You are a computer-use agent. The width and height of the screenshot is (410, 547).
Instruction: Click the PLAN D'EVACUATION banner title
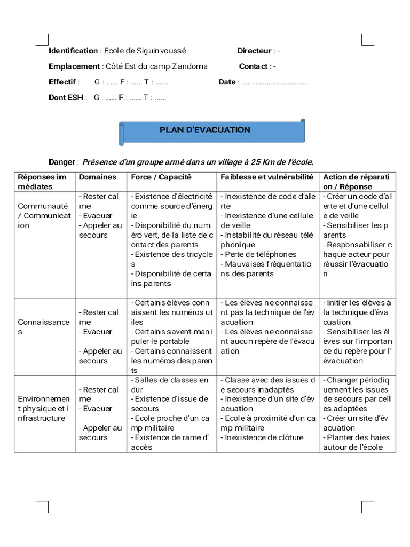click(x=205, y=130)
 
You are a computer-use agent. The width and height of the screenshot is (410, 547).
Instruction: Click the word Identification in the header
click(x=73, y=51)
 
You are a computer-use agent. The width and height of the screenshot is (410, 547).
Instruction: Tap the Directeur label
click(x=254, y=51)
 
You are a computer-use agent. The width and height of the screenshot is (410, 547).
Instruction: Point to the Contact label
click(x=254, y=66)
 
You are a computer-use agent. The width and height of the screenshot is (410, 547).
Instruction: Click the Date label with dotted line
click(x=227, y=82)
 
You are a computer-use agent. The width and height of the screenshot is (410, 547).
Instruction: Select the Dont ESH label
click(x=66, y=98)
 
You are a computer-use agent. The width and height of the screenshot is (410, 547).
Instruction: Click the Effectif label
click(x=63, y=82)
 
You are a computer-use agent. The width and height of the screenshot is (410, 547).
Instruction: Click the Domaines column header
click(x=97, y=177)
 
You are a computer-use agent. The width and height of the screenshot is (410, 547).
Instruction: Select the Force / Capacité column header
click(x=161, y=177)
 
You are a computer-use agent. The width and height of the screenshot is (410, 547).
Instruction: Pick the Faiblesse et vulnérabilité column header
click(x=266, y=177)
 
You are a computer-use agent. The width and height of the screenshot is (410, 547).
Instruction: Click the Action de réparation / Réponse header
click(x=356, y=182)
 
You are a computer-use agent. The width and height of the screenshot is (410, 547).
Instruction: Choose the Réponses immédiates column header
click(x=43, y=182)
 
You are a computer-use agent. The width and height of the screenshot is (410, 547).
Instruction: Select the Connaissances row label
click(x=44, y=326)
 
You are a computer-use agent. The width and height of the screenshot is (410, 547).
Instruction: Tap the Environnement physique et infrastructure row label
click(x=44, y=408)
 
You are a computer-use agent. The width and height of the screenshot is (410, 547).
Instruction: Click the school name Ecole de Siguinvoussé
click(x=145, y=51)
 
